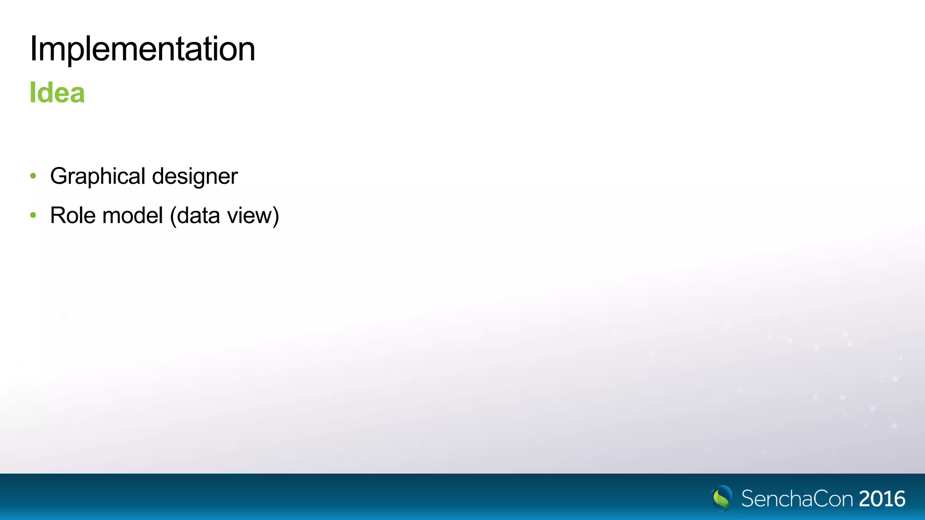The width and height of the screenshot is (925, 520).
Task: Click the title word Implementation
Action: coord(142,49)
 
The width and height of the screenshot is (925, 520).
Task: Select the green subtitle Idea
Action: coord(57,93)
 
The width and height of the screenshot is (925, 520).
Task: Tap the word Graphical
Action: coord(98,176)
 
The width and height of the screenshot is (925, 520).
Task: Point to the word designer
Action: coord(195,176)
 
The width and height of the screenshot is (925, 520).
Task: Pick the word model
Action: coord(132,215)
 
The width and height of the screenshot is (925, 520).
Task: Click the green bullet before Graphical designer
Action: coord(33,176)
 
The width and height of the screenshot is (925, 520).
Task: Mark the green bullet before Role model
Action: coord(33,215)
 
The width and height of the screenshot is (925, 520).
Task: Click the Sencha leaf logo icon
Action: coord(721,498)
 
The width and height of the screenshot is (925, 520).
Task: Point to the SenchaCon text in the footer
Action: coord(797,499)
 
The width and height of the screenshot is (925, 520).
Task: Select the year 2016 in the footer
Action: coord(882,499)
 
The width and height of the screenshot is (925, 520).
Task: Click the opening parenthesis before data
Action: coord(173,216)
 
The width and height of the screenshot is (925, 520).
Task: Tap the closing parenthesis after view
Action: coord(276,216)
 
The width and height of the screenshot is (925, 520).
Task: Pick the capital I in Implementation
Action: coord(33,48)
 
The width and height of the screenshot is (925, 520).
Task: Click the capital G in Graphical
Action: coord(59,176)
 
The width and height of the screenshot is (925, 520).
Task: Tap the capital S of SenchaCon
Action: coord(748,499)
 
